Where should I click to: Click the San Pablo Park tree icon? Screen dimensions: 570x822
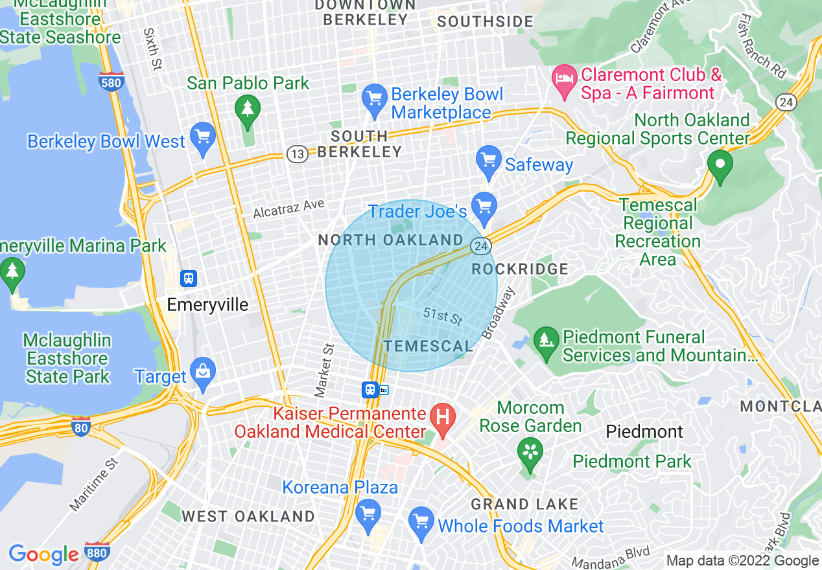(x=247, y=108)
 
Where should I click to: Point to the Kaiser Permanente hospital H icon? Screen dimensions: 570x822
(x=443, y=415)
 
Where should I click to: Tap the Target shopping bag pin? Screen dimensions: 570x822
(x=204, y=373)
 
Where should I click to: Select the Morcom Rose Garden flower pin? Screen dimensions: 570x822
(x=530, y=450)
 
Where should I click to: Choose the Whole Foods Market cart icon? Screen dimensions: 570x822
(x=421, y=521)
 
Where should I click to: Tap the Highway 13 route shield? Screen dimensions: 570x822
(x=296, y=154)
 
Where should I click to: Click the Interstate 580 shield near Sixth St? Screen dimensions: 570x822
(x=111, y=82)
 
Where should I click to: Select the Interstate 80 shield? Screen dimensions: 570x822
(x=80, y=426)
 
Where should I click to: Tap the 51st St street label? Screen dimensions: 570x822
(x=442, y=316)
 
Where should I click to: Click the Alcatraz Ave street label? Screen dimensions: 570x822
(x=288, y=208)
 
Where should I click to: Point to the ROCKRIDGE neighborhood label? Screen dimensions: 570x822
(x=520, y=269)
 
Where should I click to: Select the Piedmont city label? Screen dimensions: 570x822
(x=644, y=431)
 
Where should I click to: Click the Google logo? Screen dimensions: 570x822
(x=43, y=554)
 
